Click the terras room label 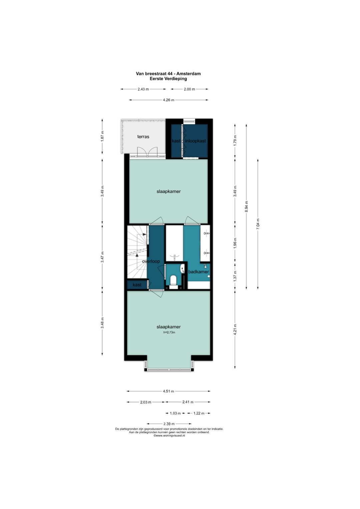(x=143, y=137)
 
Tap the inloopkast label (x=195, y=141)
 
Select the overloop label (x=151, y=261)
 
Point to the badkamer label (x=198, y=272)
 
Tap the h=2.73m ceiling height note (x=169, y=332)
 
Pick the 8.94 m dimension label (x=246, y=206)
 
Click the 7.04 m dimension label (x=258, y=224)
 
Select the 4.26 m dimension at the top (x=168, y=100)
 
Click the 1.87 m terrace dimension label (x=102, y=136)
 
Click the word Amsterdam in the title (x=188, y=74)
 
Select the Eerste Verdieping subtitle (x=168, y=79)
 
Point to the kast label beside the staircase (x=137, y=285)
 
